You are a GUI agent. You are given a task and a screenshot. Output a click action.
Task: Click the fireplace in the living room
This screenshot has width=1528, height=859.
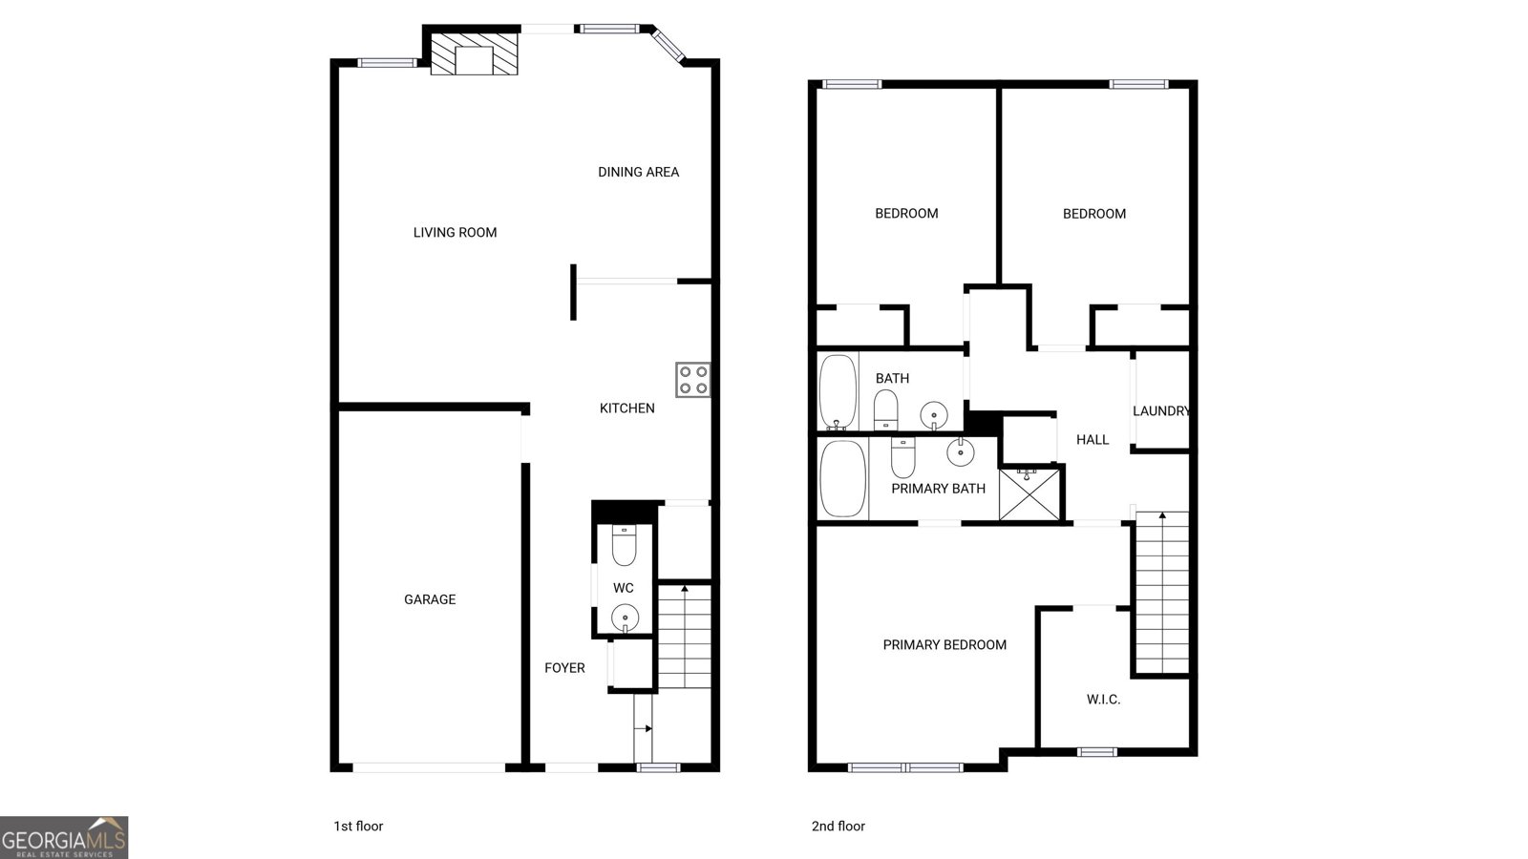474,53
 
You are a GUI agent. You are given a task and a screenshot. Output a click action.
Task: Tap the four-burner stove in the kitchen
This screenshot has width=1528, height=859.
693,380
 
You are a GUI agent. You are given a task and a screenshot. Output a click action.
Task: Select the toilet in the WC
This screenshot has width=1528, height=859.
625,545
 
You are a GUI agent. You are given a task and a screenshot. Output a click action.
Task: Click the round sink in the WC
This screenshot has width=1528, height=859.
625,618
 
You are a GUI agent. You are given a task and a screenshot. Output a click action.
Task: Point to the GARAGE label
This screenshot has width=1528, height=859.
430,599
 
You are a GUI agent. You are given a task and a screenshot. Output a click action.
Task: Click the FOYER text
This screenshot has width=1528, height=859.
564,668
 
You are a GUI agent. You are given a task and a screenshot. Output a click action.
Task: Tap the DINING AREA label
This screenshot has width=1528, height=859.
639,173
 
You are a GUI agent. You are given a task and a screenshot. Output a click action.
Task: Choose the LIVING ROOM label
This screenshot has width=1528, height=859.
455,233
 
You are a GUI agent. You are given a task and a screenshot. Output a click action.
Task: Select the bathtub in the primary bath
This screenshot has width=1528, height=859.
843,478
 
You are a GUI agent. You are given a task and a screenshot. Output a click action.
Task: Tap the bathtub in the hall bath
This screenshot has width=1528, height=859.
838,392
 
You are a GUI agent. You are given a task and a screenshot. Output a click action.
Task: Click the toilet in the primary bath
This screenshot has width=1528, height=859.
903,457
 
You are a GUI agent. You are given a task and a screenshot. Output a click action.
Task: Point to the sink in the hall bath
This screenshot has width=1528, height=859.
934,415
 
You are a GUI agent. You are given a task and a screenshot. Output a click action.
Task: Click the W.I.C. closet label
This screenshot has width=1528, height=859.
1103,700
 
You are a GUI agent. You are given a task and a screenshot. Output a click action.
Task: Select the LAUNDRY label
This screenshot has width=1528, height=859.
1161,411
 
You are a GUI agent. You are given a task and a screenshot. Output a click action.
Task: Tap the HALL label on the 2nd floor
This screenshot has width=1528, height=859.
1093,440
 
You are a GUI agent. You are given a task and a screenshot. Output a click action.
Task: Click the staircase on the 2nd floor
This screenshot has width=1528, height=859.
1162,593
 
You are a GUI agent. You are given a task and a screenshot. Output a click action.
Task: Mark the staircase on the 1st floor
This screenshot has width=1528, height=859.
684,636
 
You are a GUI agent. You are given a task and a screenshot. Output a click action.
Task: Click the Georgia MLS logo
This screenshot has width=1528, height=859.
64,837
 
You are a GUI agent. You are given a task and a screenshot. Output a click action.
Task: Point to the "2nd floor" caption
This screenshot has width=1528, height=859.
838,827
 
